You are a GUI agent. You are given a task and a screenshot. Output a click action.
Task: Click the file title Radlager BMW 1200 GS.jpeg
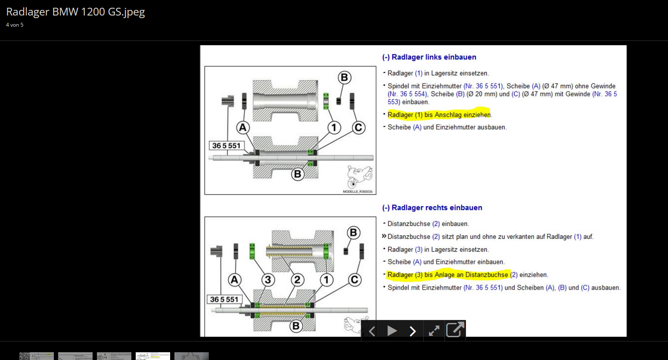(x=75, y=12)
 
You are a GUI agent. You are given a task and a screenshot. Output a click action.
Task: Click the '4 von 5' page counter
(x=15, y=25)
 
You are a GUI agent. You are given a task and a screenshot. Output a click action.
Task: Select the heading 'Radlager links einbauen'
(x=434, y=57)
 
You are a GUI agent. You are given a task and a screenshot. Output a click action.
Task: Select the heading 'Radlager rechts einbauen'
(x=437, y=208)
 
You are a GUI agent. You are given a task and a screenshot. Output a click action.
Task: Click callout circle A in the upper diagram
(x=243, y=127)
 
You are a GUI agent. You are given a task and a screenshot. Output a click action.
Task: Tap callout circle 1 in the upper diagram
(x=334, y=127)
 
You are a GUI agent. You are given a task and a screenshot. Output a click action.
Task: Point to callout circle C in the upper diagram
(x=358, y=127)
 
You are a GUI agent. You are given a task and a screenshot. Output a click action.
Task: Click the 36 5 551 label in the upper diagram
(x=227, y=146)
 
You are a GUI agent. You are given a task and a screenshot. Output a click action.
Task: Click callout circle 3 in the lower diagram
(x=268, y=280)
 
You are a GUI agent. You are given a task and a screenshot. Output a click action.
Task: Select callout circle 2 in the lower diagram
(x=297, y=280)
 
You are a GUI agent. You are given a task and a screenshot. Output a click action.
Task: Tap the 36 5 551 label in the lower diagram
(x=224, y=299)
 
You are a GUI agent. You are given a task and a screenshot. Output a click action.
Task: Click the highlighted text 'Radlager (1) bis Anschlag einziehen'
(x=439, y=115)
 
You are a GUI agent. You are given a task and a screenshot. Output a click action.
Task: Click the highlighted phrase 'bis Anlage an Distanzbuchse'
(x=466, y=275)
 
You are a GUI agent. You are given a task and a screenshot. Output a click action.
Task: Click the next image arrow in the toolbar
(x=413, y=331)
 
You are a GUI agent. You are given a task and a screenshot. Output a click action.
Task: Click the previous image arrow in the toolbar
(x=372, y=331)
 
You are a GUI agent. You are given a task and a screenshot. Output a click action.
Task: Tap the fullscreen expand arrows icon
(x=434, y=331)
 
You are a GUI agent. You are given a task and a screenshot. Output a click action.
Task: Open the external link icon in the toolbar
(x=455, y=329)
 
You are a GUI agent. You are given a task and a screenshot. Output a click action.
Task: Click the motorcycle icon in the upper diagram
(x=360, y=177)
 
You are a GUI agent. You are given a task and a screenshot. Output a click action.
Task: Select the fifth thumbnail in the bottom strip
(x=192, y=356)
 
